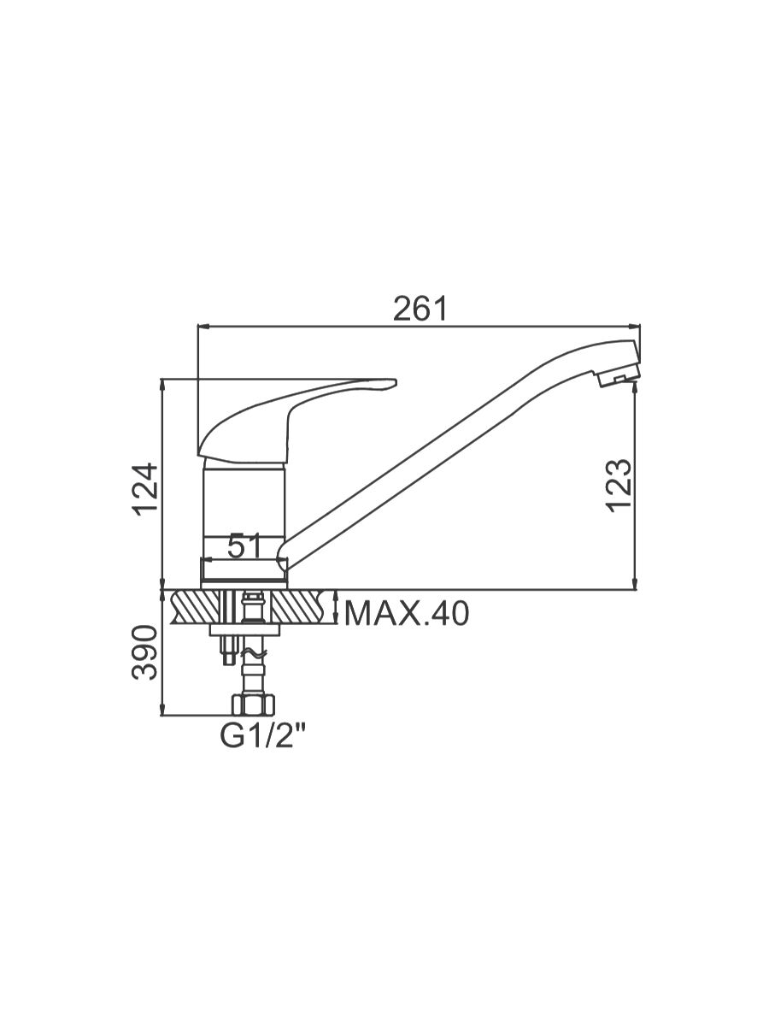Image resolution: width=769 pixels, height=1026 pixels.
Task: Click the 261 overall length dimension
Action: [420, 310]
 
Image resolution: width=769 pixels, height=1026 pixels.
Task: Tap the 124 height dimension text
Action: [145, 489]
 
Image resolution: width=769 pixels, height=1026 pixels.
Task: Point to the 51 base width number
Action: [244, 545]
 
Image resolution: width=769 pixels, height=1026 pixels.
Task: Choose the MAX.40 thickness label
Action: [406, 614]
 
